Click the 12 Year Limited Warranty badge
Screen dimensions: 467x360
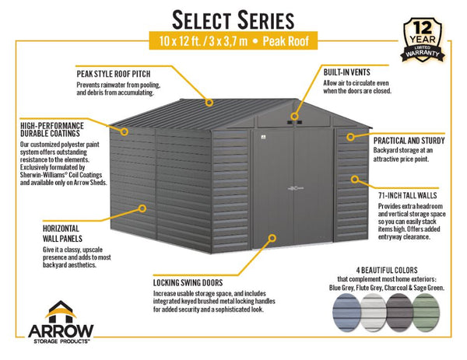click(423, 40)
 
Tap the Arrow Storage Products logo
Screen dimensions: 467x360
click(61, 322)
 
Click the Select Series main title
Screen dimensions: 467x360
click(233, 20)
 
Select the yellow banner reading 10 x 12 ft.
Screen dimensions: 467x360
click(233, 40)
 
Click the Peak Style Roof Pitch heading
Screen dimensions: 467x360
click(114, 74)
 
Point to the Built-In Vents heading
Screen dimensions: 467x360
click(346, 72)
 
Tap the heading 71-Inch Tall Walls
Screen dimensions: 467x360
click(407, 195)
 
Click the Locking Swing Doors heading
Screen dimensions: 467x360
click(188, 283)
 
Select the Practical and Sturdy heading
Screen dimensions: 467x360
click(409, 141)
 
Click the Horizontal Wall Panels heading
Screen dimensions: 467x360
click(62, 233)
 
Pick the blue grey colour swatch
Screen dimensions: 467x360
click(346, 312)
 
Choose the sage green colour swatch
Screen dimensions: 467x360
click(427, 312)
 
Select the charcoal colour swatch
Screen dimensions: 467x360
click(399, 312)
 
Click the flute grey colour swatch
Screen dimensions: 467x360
click(373, 312)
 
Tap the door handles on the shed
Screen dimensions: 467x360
click(296, 188)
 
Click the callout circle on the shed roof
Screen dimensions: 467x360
click(209, 103)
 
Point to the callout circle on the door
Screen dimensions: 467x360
click(272, 238)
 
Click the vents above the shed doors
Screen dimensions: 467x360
click(294, 122)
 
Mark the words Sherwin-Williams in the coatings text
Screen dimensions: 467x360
click(42, 175)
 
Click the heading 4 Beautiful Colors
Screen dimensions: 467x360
click(387, 270)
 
